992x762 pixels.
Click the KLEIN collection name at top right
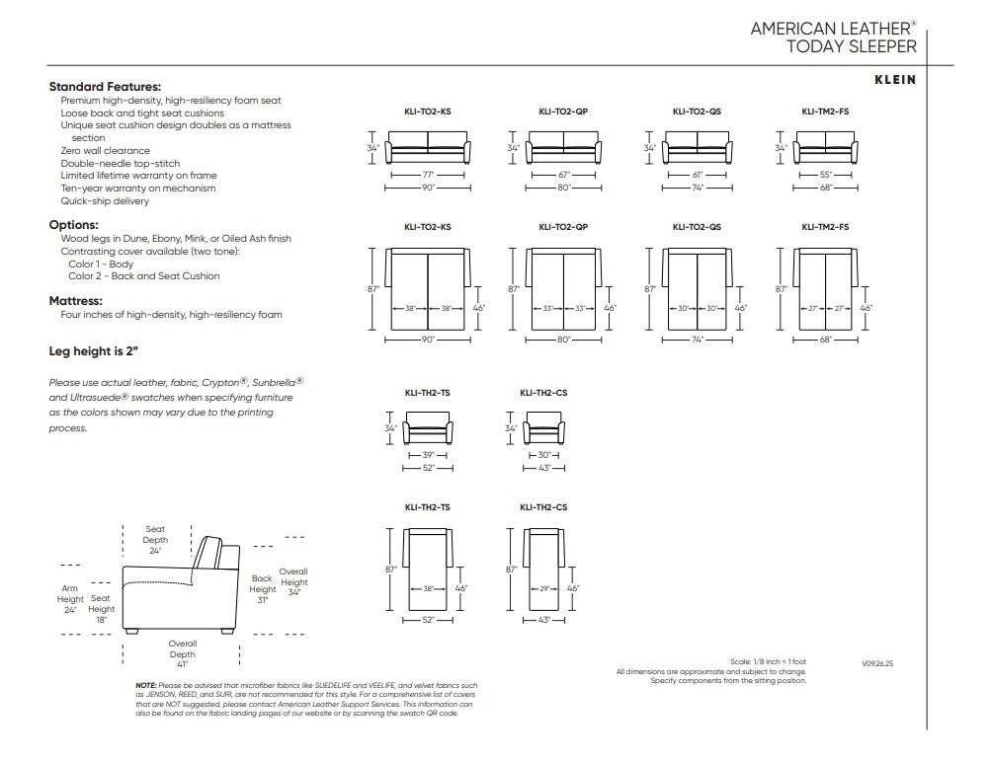pyautogui.click(x=894, y=80)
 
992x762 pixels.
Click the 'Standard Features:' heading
pyautogui.click(x=105, y=87)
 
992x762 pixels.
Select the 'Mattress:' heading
pyautogui.click(x=75, y=301)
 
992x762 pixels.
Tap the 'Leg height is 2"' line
pyautogui.click(x=93, y=351)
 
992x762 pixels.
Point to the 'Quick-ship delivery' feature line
pyautogui.click(x=105, y=201)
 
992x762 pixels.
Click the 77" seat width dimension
pyautogui.click(x=428, y=175)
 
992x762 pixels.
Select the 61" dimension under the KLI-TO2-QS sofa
pyautogui.click(x=698, y=175)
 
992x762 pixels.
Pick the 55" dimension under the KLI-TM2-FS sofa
pyautogui.click(x=826, y=175)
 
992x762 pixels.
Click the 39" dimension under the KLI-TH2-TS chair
pyautogui.click(x=428, y=455)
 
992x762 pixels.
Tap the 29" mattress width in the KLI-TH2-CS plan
pyautogui.click(x=544, y=588)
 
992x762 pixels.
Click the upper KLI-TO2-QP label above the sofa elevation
pyautogui.click(x=563, y=112)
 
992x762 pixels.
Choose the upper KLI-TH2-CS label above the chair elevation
pyautogui.click(x=543, y=393)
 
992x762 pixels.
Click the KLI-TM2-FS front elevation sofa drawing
pyautogui.click(x=826, y=148)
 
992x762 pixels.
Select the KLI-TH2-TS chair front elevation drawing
pyautogui.click(x=428, y=427)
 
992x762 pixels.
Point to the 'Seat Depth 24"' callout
pyautogui.click(x=155, y=540)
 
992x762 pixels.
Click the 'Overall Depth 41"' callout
pyautogui.click(x=182, y=654)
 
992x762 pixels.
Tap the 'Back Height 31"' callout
pyautogui.click(x=263, y=589)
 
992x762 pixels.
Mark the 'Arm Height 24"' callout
pyautogui.click(x=69, y=599)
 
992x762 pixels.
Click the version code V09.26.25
pyautogui.click(x=876, y=664)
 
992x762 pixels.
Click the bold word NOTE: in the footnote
pyautogui.click(x=146, y=686)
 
